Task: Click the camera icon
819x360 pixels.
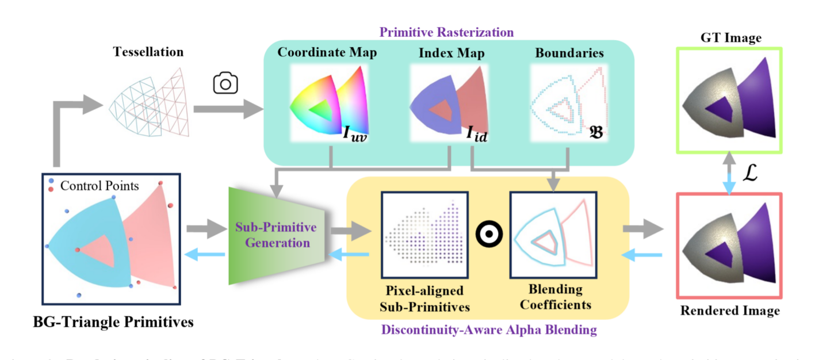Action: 225,84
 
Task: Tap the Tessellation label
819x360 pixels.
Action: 148,52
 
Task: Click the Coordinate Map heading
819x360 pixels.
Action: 327,53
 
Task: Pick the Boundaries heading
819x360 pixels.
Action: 569,53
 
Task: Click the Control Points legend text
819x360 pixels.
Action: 99,186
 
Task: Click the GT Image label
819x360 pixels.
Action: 730,39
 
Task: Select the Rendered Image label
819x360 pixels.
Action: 730,311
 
